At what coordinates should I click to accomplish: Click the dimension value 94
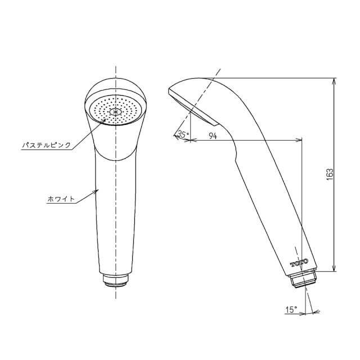(x=213, y=135)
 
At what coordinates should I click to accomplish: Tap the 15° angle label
(x=291, y=309)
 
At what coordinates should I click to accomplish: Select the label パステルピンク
(x=47, y=146)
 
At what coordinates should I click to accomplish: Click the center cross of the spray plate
(x=116, y=112)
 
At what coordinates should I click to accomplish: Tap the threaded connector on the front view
(x=116, y=279)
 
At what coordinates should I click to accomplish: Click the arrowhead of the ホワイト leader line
(x=98, y=190)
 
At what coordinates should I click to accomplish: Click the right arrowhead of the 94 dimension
(x=301, y=140)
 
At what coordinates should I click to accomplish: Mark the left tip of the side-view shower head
(x=169, y=90)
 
